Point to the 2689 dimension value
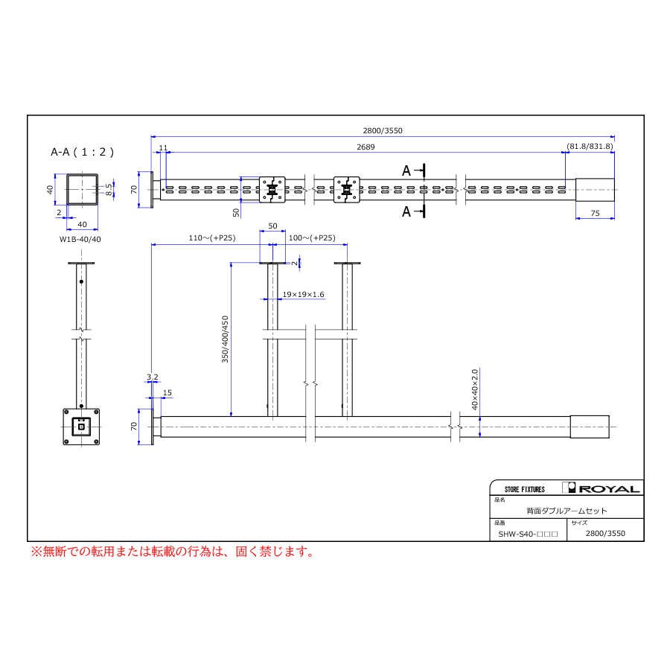[x=365, y=147]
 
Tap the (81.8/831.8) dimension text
[x=590, y=147]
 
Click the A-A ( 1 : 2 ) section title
[x=82, y=152]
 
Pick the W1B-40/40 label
[x=80, y=239]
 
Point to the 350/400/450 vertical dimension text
[x=226, y=339]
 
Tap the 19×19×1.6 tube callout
[x=303, y=295]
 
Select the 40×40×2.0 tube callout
[x=473, y=387]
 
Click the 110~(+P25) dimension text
[x=191, y=238]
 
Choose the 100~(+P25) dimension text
[x=312, y=238]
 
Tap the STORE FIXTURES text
[x=524, y=489]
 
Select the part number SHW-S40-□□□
[x=528, y=534]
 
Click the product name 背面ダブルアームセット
[x=567, y=511]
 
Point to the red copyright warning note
[x=171, y=552]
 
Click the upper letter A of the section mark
[x=406, y=170]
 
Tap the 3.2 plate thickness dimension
[x=152, y=377]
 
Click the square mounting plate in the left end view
[x=80, y=427]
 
